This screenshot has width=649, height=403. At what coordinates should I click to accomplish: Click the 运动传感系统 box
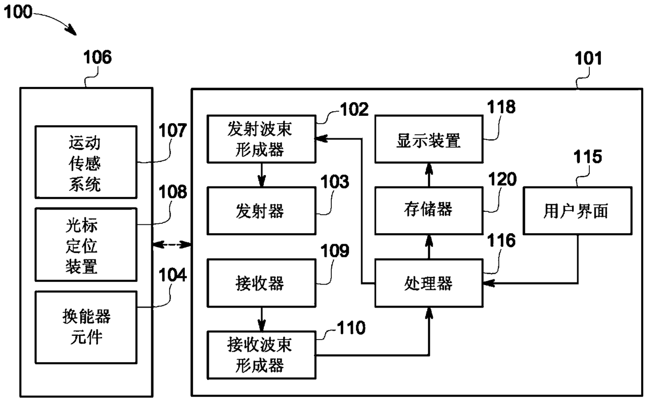(x=86, y=162)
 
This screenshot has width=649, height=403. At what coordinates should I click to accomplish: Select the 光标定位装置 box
(x=86, y=245)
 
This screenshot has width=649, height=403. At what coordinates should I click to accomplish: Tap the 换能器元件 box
(x=86, y=328)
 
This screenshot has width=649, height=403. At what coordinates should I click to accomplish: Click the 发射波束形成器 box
(x=261, y=139)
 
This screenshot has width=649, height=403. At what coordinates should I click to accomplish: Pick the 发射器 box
(x=261, y=211)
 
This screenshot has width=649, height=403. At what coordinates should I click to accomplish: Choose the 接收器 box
(x=261, y=283)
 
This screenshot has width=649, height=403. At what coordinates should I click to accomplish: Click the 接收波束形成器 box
(x=261, y=355)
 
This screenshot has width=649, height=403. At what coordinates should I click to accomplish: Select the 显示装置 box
(x=429, y=139)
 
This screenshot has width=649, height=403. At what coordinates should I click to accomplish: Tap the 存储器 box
(x=429, y=211)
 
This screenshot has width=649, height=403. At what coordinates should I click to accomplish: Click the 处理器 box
(x=429, y=283)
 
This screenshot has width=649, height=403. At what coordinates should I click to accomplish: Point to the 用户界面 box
(x=578, y=211)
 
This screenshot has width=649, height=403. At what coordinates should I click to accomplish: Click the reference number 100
(x=18, y=12)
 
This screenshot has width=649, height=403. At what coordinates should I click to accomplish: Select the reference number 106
(x=97, y=57)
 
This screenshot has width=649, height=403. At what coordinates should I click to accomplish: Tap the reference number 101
(x=588, y=58)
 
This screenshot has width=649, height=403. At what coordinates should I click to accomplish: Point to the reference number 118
(x=501, y=107)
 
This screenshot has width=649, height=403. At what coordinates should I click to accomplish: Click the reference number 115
(x=588, y=157)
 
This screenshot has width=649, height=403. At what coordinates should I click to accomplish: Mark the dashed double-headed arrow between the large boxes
(x=172, y=245)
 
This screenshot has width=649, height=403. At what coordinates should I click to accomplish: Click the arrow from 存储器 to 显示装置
(x=429, y=175)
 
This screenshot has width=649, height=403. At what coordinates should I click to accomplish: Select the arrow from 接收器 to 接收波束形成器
(x=262, y=319)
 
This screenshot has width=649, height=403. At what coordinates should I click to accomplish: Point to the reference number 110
(x=351, y=328)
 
